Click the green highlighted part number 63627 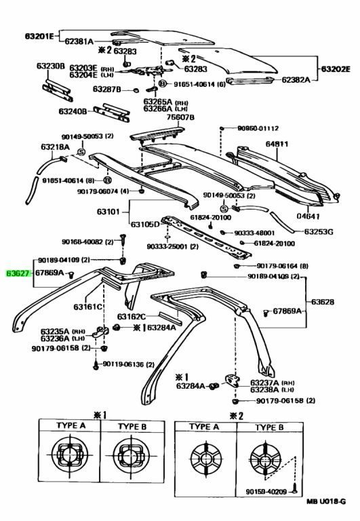(17, 273)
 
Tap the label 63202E (336, 69)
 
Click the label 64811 (277, 144)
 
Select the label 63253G (319, 231)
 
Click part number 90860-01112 (258, 128)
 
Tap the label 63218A (54, 147)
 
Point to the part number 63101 (108, 212)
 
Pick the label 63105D (145, 224)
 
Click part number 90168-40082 (82, 241)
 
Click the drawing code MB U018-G (325, 502)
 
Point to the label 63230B (50, 66)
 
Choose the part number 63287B (106, 90)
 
